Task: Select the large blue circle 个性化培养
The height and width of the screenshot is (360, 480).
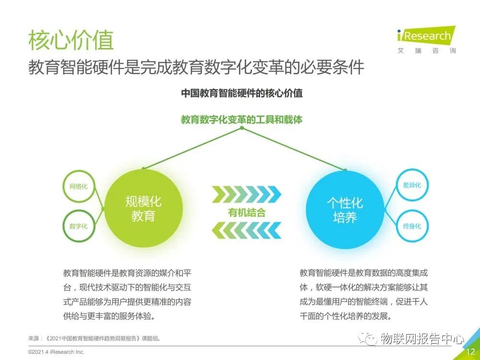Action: pos(345,208)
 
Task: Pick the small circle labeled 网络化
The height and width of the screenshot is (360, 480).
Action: pos(79,186)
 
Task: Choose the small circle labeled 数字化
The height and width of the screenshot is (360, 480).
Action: pos(79,226)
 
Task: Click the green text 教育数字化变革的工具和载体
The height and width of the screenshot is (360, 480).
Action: pos(241,120)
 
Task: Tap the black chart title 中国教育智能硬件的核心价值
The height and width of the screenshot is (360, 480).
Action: pos(241,93)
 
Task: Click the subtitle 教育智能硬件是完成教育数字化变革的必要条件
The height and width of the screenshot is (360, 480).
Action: pos(196,67)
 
